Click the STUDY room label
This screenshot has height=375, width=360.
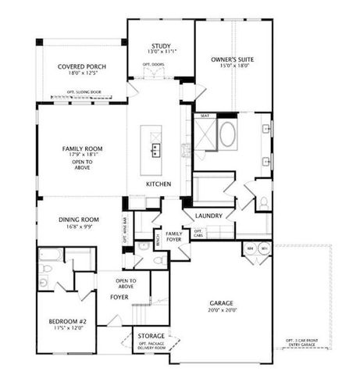point(161,46)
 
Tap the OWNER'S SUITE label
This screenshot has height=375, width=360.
point(233,59)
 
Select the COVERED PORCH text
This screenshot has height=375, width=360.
point(81,67)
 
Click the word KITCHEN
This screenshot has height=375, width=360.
point(159,184)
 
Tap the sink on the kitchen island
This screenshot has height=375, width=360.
point(156,147)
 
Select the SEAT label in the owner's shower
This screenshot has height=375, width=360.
point(205,116)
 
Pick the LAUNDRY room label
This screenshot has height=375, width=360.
point(209,216)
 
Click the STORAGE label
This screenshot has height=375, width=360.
point(151,336)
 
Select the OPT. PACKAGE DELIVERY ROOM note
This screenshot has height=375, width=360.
point(151,347)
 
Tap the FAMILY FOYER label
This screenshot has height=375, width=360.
point(174,237)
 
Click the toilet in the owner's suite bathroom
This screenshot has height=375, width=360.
point(263,202)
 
